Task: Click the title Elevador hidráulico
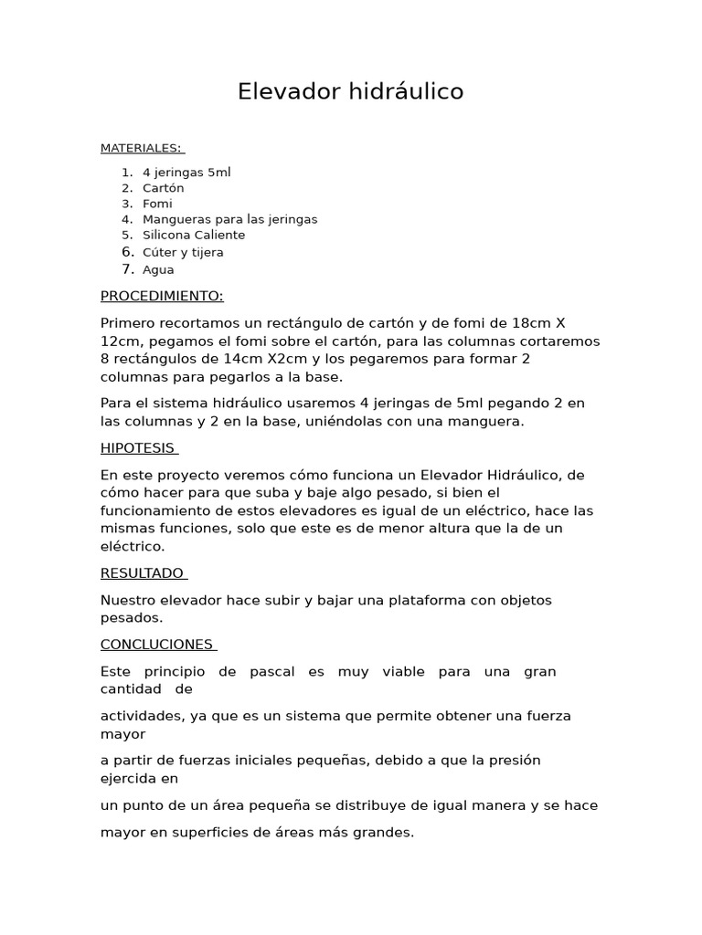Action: [350, 91]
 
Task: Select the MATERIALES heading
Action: [141, 148]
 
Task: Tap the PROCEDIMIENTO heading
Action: [162, 296]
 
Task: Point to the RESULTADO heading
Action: [143, 573]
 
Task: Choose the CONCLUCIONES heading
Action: [156, 645]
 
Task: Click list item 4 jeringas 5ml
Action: [186, 173]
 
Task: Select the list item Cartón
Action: [163, 188]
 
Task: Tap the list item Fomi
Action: [157, 204]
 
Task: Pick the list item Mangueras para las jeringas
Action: [229, 219]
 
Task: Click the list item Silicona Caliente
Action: [194, 235]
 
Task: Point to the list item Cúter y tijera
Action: [183, 252]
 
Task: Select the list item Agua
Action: [158, 269]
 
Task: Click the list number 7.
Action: [128, 269]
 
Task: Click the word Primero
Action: [129, 323]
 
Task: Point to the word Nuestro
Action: [130, 600]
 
